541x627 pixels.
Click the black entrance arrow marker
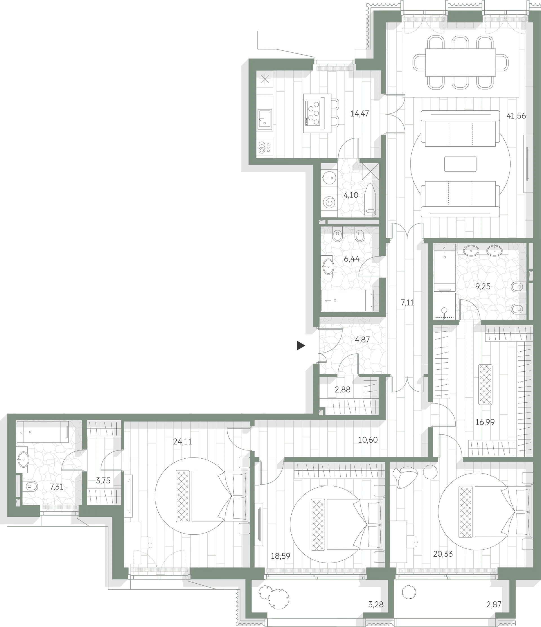point(300,345)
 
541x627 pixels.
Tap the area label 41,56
point(516,116)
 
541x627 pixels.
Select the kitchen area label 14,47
point(360,113)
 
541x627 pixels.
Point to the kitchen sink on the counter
point(264,120)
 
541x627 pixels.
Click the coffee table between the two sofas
point(460,164)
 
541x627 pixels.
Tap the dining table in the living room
point(460,62)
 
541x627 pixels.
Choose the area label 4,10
point(351,195)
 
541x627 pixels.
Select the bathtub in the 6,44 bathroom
point(347,300)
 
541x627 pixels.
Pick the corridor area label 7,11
point(407,302)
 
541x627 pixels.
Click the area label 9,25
point(483,286)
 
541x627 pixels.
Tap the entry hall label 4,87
point(362,340)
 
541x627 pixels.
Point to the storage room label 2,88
point(343,389)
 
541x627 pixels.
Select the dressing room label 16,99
point(485,422)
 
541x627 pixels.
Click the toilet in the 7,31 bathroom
point(31,487)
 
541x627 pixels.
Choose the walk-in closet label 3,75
point(103,481)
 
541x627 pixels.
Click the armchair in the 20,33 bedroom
point(405,477)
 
